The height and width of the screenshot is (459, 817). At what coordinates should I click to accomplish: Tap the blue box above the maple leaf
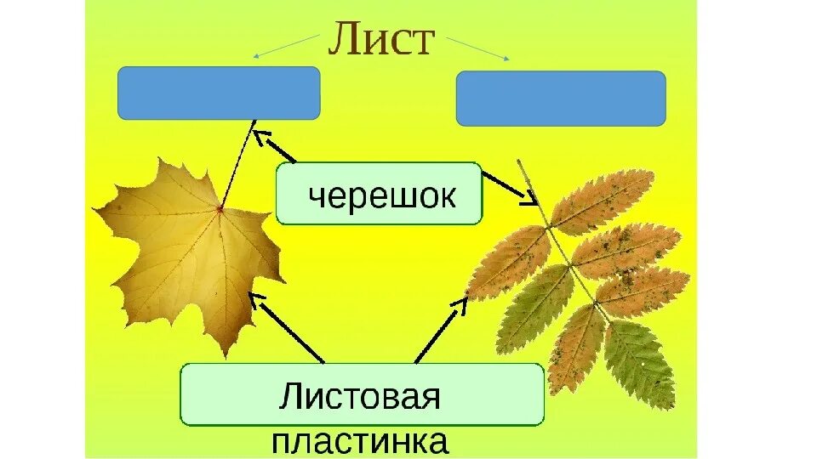pyautogui.click(x=219, y=93)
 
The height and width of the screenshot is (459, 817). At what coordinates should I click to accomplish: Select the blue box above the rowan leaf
pyautogui.click(x=561, y=99)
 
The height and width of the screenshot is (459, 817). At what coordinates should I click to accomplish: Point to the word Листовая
pyautogui.click(x=361, y=396)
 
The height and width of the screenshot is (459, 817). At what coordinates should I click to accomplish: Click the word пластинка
pyautogui.click(x=361, y=442)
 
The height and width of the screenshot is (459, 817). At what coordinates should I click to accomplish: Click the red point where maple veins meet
pyautogui.click(x=220, y=207)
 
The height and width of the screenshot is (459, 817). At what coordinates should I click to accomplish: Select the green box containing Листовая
pyautogui.click(x=362, y=394)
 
